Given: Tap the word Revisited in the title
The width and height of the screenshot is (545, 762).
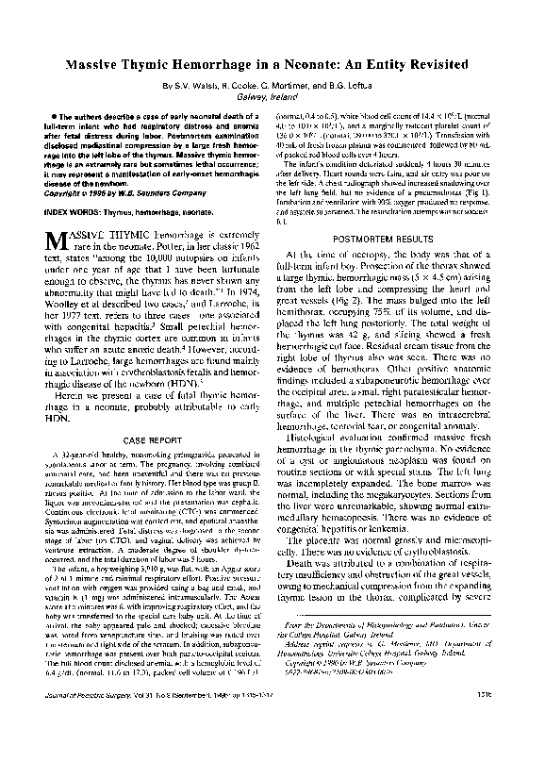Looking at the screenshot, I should tap(436, 66).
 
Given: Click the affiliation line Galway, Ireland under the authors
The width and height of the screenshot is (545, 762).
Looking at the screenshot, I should tap(272, 96).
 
